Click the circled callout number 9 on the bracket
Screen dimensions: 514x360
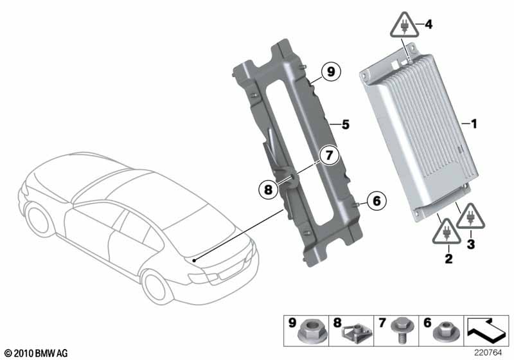(331, 71)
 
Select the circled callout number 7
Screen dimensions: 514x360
(329, 155)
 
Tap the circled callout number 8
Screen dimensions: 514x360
(268, 189)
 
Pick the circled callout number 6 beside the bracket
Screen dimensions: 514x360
(377, 201)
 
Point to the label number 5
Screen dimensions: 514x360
(346, 125)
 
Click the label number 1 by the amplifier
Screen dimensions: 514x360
(474, 124)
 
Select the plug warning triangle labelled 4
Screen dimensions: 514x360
(405, 25)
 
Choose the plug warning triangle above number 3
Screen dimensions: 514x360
(470, 216)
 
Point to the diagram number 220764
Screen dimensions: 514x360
(488, 353)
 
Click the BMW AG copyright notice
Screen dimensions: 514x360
(37, 353)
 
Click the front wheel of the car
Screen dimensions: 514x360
(39, 219)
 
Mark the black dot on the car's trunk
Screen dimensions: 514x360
(194, 260)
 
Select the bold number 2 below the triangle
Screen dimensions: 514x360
(448, 258)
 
